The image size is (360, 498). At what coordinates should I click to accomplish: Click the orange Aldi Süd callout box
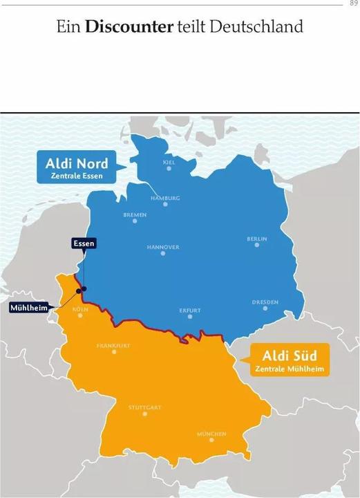[x=290, y=361]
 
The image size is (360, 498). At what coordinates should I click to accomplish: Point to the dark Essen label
[x=84, y=243]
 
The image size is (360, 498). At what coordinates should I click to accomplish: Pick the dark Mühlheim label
[x=30, y=308]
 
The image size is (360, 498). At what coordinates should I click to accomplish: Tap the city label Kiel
[x=169, y=163]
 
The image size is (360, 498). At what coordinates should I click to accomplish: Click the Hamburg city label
[x=165, y=198]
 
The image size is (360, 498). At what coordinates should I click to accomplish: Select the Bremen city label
[x=135, y=214]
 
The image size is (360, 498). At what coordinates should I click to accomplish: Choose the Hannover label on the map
[x=163, y=246]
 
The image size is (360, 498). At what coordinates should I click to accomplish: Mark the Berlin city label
[x=256, y=239]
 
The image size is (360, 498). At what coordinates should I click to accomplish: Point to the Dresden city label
[x=265, y=302]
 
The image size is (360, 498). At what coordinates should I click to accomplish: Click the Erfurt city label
[x=190, y=311]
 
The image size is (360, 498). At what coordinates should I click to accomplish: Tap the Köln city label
[x=80, y=309]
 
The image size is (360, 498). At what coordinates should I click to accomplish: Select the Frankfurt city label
[x=114, y=344]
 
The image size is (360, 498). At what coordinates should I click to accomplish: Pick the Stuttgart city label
[x=144, y=407]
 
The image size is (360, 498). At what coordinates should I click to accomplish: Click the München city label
[x=211, y=434]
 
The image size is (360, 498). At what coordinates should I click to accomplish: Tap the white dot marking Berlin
[x=257, y=246]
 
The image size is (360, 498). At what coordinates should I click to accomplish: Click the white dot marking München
[x=211, y=442]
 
